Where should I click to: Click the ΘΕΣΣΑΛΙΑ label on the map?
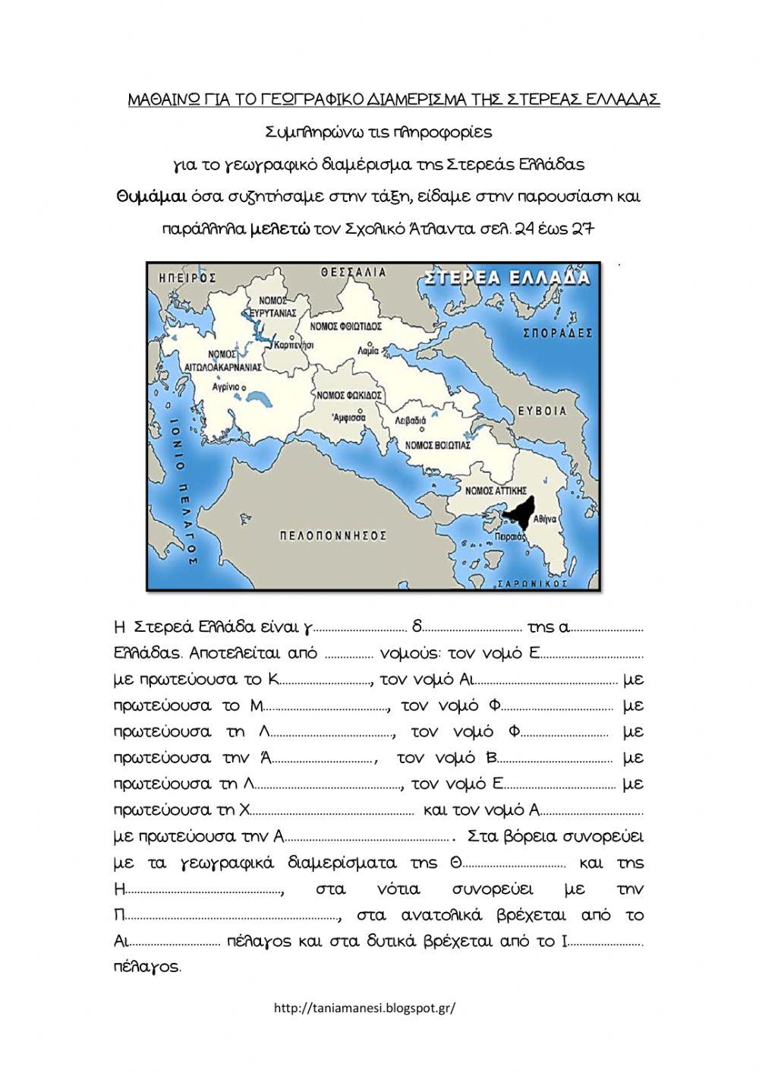tap(353, 272)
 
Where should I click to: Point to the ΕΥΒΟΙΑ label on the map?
tap(543, 411)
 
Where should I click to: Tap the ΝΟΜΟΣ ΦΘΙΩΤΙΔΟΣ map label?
tap(346, 326)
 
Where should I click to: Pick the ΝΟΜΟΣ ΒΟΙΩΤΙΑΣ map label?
tap(438, 445)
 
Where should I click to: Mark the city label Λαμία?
tap(367, 352)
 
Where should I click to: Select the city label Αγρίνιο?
tap(225, 387)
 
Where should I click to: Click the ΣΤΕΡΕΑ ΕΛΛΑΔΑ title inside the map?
tap(508, 277)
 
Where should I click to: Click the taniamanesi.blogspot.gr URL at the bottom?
tap(364, 1008)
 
